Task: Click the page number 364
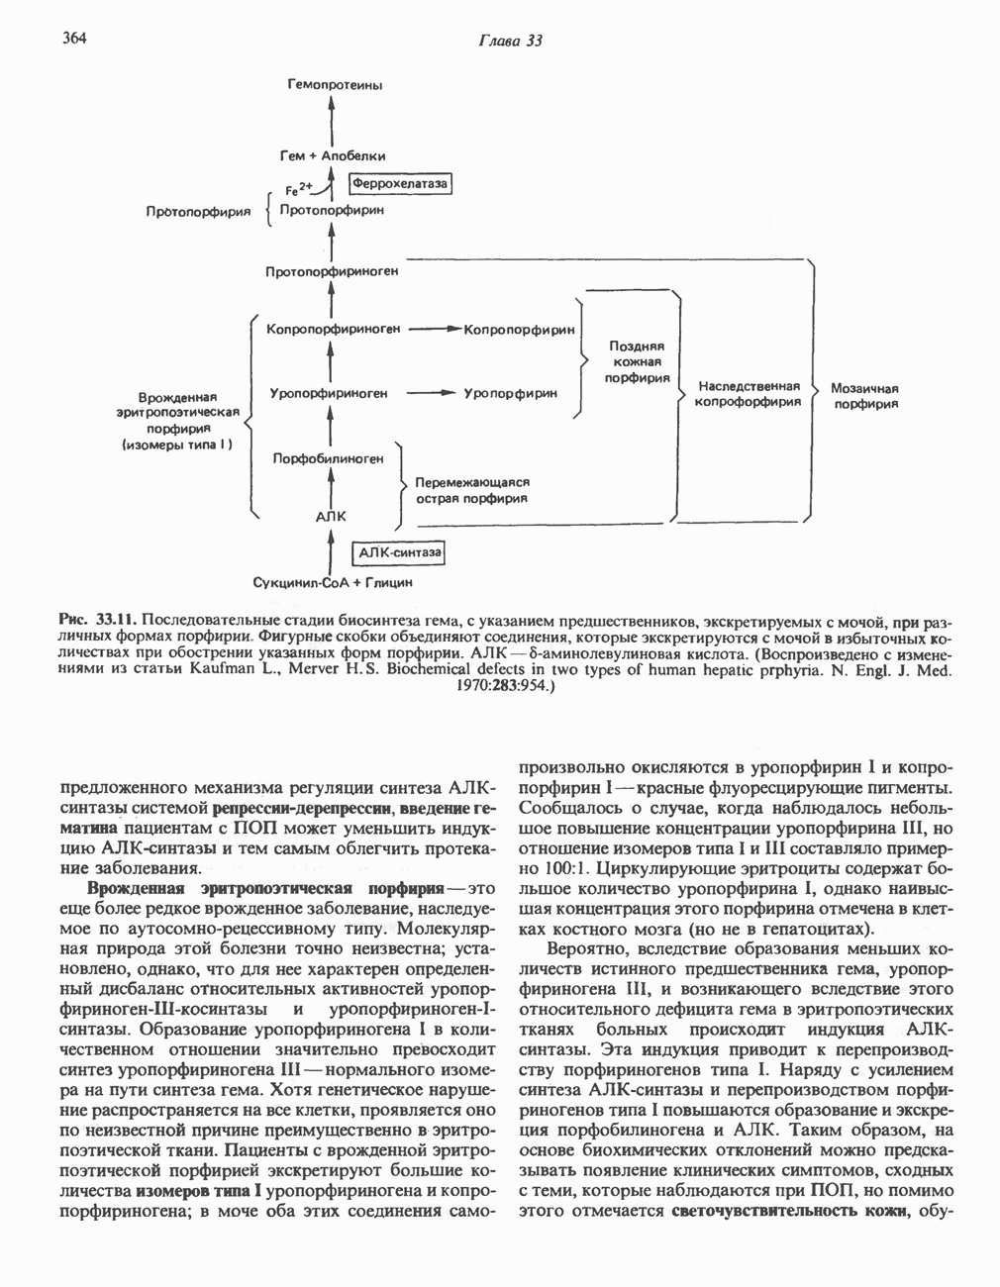pos(75,38)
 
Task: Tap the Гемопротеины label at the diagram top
pos(335,85)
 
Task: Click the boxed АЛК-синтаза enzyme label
pos(398,552)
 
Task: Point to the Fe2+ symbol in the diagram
pos(298,188)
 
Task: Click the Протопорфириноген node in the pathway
pos(332,271)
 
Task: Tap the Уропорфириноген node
pos(328,393)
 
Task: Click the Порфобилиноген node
pos(328,458)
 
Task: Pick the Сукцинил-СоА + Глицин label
pos(333,583)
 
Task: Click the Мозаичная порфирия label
pos(863,395)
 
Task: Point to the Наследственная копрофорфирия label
pos(748,394)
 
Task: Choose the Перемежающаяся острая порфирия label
pos(472,490)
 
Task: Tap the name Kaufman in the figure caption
pos(224,670)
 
